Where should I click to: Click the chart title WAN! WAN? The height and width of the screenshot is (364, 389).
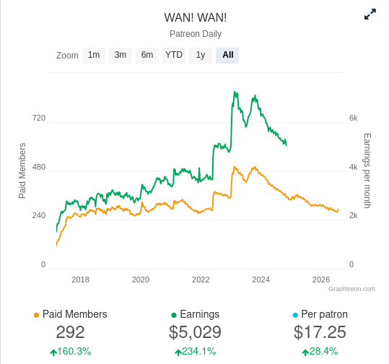tap(196, 17)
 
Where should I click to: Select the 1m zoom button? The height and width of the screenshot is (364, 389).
tap(94, 56)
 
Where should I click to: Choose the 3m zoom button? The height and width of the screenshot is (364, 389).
tap(121, 56)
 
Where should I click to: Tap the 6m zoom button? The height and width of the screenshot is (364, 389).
tap(147, 56)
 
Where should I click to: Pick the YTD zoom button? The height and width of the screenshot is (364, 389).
tap(174, 56)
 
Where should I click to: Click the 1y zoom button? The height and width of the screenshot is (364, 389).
tap(201, 56)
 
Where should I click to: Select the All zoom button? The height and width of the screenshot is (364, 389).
tap(227, 56)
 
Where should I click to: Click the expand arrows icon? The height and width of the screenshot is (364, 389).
tap(370, 14)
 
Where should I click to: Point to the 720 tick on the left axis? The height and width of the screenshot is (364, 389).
tap(39, 118)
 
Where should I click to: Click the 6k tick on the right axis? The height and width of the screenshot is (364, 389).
tap(354, 118)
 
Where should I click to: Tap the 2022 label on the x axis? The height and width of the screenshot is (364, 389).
tap(201, 279)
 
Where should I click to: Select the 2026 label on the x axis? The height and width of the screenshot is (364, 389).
tap(321, 279)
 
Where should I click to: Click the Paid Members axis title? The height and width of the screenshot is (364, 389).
tap(22, 170)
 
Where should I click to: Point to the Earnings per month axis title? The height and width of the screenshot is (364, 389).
tap(367, 171)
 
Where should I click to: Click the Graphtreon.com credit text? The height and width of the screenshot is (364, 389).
tap(351, 289)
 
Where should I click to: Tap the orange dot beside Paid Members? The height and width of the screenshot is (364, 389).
tap(37, 316)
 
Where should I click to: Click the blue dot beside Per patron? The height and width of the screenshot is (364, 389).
tap(295, 316)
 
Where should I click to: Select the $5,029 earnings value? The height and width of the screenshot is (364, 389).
tap(195, 332)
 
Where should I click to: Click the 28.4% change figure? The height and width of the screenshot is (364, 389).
tap(323, 351)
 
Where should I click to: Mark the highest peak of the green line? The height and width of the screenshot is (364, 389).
tap(235, 92)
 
